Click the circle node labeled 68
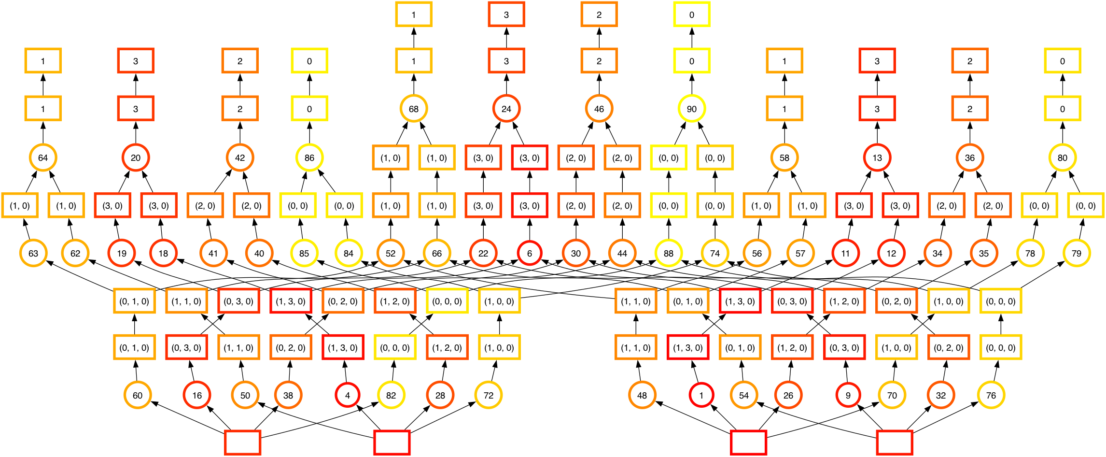pyautogui.click(x=414, y=109)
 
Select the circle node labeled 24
pyautogui.click(x=506, y=109)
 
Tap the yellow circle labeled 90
pyautogui.click(x=692, y=109)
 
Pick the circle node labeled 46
pyautogui.click(x=599, y=109)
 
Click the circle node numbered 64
pyautogui.click(x=43, y=157)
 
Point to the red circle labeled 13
pyautogui.click(x=877, y=157)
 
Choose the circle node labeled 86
pyautogui.click(x=309, y=157)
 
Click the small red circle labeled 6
pyautogui.click(x=530, y=253)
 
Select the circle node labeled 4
pyautogui.click(x=348, y=395)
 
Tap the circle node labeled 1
pyautogui.click(x=701, y=395)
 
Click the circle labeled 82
pyautogui.click(x=391, y=395)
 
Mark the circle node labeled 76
pyautogui.click(x=991, y=395)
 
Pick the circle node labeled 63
pyautogui.click(x=33, y=253)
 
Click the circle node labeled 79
pyautogui.click(x=1077, y=253)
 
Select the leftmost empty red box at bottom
pyautogui.click(x=243, y=443)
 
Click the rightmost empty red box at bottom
pyautogui.click(x=895, y=443)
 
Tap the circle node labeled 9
pyautogui.click(x=848, y=395)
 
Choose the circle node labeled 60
pyautogui.click(x=138, y=395)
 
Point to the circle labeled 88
pyautogui.click(x=669, y=253)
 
